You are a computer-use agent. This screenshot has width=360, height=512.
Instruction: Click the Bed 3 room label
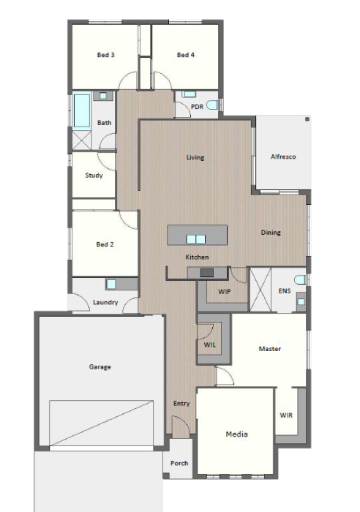106,55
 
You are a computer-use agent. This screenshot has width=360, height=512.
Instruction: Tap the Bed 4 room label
186,55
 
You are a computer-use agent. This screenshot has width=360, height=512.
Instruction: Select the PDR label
196,107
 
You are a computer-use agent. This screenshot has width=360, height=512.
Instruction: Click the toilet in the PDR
212,106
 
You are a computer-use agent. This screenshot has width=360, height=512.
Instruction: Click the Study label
94,176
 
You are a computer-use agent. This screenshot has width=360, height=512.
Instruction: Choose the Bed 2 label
105,244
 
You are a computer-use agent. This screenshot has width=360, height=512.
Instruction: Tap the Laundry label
106,302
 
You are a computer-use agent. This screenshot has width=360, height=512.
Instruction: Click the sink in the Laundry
111,284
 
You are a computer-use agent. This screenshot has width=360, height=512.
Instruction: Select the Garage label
100,366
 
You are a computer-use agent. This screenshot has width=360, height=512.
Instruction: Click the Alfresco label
283,157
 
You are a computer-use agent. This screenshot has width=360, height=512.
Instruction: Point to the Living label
195,157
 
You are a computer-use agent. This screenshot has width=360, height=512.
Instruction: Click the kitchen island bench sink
196,238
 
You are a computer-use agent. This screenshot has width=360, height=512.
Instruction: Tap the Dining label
271,233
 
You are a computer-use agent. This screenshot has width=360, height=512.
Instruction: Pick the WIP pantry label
225,290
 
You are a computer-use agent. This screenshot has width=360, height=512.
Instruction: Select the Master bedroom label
270,349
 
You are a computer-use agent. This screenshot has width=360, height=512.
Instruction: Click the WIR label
287,415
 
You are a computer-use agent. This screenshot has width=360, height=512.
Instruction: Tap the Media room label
236,434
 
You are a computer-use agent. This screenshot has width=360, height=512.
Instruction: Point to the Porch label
179,463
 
